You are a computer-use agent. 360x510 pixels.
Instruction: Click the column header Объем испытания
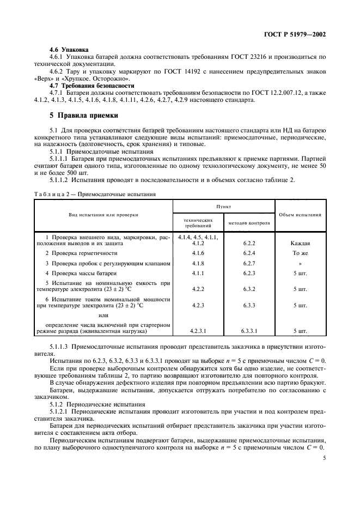300,214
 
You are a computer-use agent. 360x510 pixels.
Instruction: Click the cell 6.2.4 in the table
249,253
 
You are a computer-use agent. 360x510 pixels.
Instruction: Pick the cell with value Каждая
301,244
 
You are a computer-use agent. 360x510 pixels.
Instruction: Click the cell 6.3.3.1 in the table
249,330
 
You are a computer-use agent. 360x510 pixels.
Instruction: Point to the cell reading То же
301,253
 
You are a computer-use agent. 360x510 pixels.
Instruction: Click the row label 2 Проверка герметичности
81,253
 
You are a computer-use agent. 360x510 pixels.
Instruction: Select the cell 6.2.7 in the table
249,263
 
